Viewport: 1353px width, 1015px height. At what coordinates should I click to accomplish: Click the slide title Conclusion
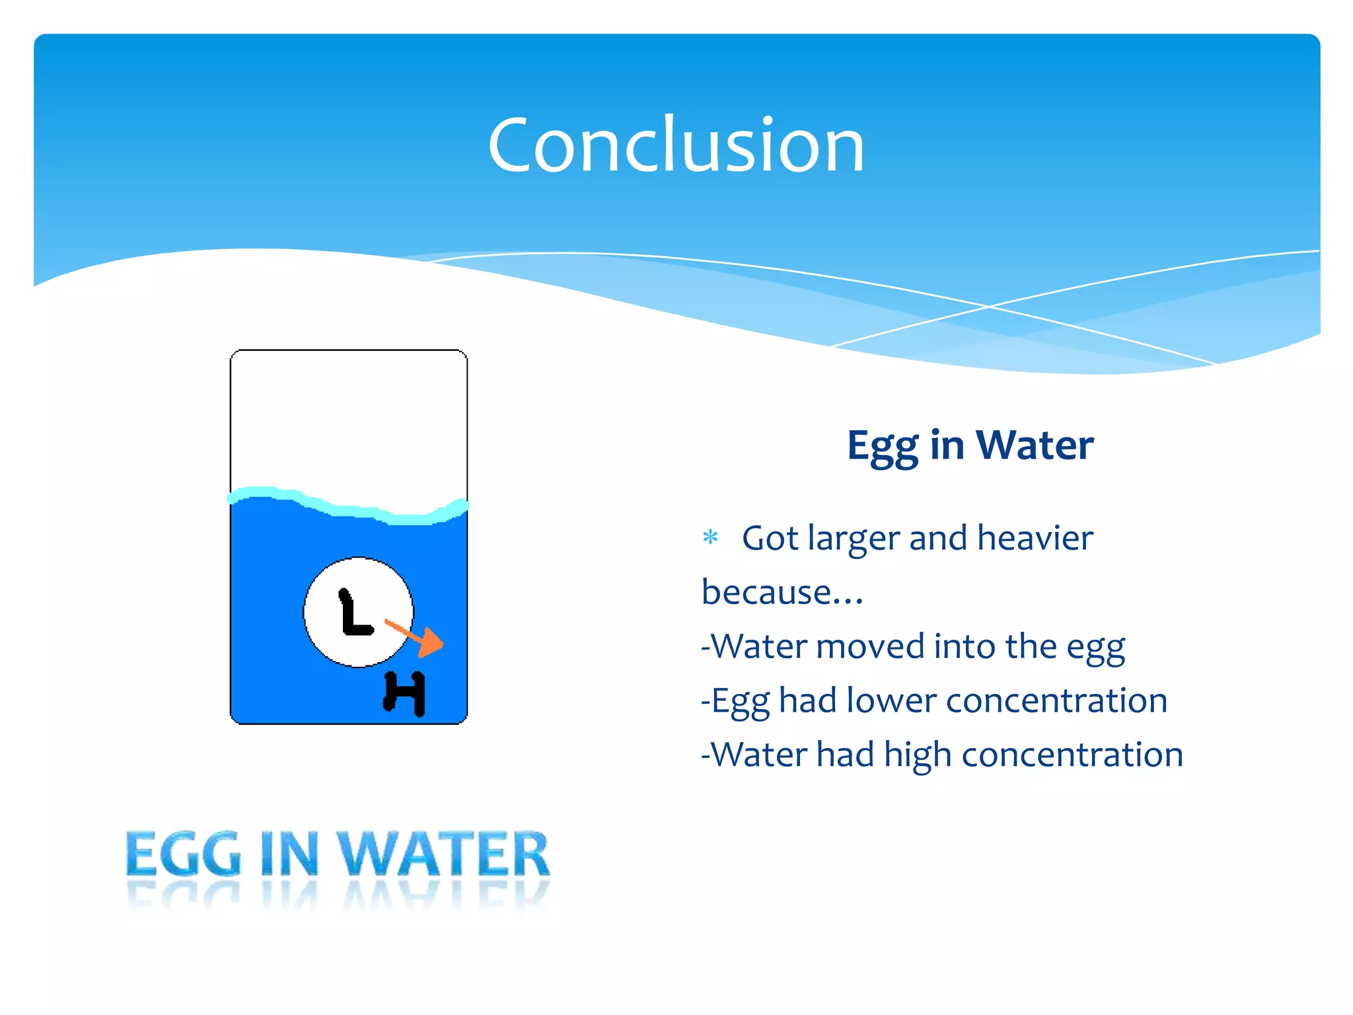coord(676,145)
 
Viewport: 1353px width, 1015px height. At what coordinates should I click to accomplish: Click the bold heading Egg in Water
coord(970,445)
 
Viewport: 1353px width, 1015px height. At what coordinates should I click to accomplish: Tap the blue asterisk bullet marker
coord(710,537)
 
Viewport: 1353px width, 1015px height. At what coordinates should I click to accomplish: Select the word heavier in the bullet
coord(1035,538)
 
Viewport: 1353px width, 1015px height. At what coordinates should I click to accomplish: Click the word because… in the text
coord(782,592)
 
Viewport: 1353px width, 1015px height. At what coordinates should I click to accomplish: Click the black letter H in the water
coord(404,693)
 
